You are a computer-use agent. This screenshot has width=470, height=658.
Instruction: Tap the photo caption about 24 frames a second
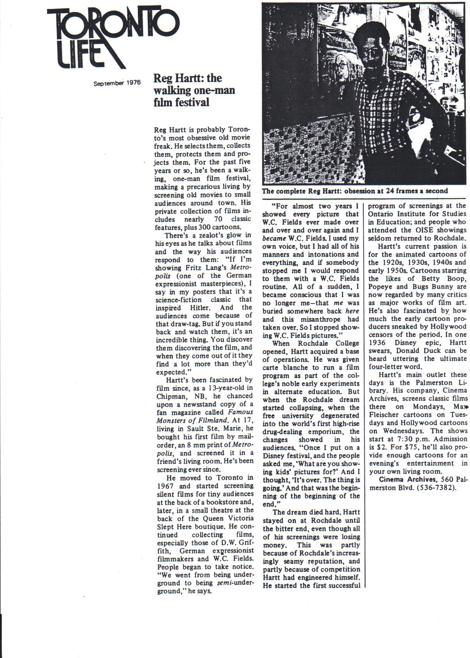click(355, 191)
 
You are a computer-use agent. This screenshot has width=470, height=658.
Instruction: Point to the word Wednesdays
click(396, 431)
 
